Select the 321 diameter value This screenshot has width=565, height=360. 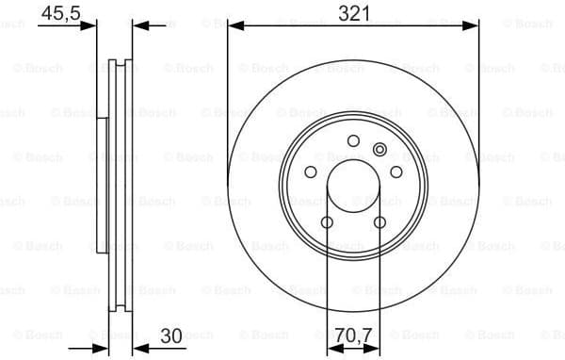pos(355,12)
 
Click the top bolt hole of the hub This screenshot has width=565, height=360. pos(353,141)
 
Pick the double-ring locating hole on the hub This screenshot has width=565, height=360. pos(379,149)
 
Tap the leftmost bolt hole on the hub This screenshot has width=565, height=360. pos(312,172)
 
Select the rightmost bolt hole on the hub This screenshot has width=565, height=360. pos(395,172)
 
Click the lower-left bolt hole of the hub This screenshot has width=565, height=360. pos(327,222)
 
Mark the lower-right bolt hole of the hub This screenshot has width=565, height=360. pos(380,222)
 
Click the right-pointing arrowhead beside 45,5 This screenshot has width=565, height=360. pos(91,25)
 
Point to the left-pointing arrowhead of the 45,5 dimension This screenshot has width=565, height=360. pos(137,25)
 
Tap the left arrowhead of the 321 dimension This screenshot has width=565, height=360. pos(233,25)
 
